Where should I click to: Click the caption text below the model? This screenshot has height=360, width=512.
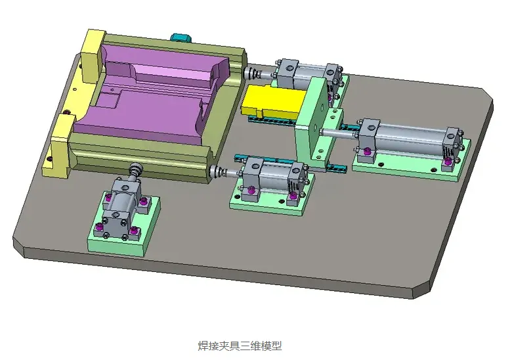[240, 346]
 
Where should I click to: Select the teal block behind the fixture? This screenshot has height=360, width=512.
[181, 37]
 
